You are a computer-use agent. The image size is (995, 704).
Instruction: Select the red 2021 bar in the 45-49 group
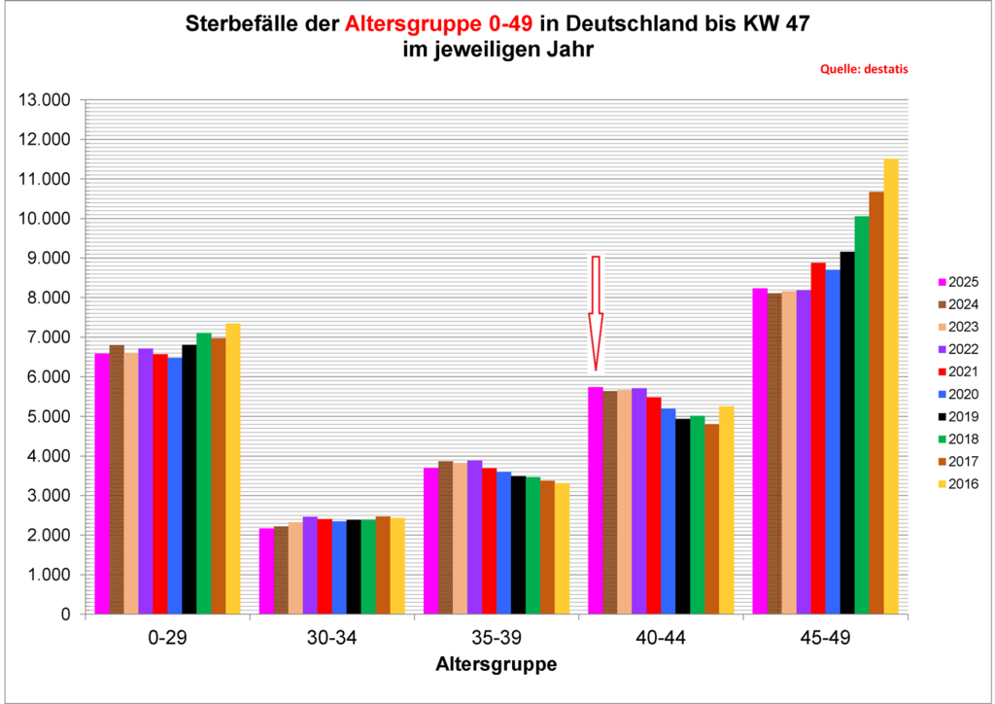pyautogui.click(x=818, y=439)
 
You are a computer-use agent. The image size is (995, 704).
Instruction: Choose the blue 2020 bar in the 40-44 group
pyautogui.click(x=668, y=511)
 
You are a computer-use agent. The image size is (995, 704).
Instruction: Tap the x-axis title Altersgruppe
pyautogui.click(x=496, y=666)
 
